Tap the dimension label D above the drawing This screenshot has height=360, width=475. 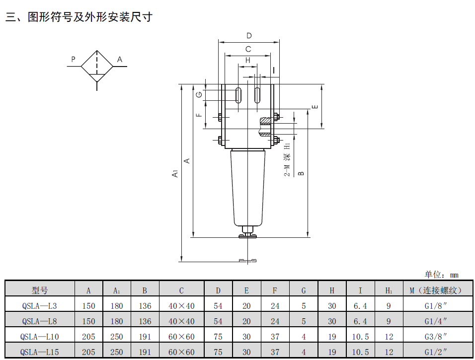(x=249, y=36)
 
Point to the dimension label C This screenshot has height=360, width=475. (x=248, y=49)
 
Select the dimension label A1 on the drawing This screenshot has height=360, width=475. (x=174, y=174)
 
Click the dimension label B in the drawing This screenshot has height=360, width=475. (x=301, y=173)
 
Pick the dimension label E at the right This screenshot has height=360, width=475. (x=314, y=107)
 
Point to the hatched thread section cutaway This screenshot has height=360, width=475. (x=267, y=120)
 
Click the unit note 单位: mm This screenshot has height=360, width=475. (x=441, y=275)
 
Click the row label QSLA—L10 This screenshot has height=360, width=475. (x=40, y=337)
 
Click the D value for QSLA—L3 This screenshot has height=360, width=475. (x=218, y=306)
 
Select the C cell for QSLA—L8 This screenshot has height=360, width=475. (x=181, y=321)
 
